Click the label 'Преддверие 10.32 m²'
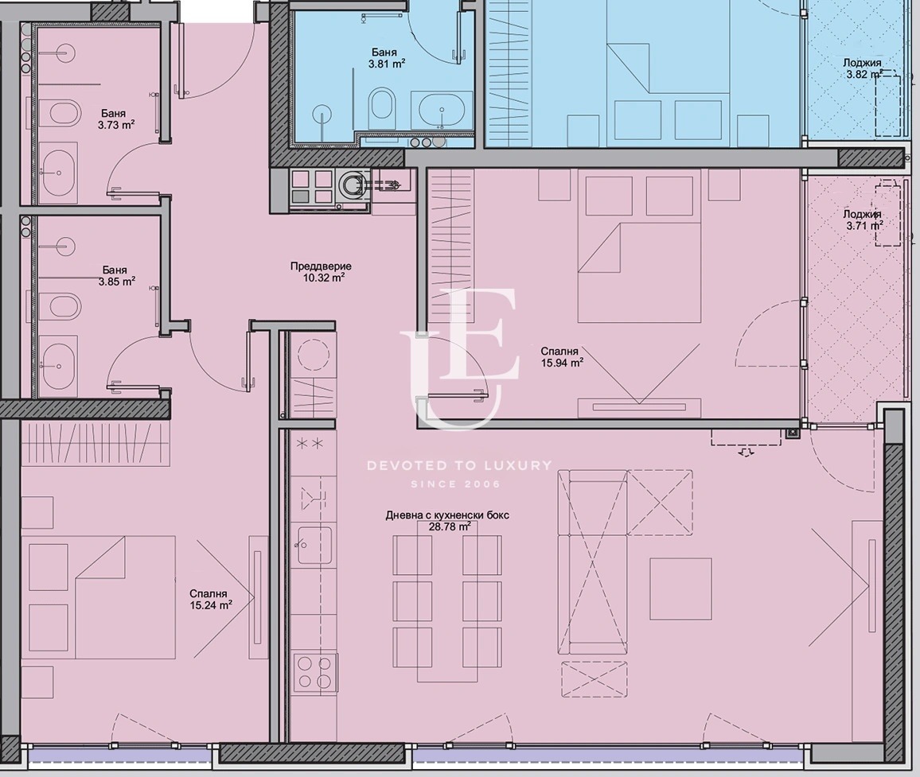[x=321, y=272]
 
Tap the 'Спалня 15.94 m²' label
[x=562, y=356]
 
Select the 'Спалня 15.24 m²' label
[x=209, y=600]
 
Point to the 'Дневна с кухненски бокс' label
[x=447, y=515]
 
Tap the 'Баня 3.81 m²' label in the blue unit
[x=384, y=57]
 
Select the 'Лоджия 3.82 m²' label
[x=863, y=68]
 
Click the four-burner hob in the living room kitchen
[x=314, y=672]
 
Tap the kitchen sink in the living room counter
[x=314, y=545]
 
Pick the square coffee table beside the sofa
[x=680, y=589]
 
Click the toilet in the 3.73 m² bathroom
[x=63, y=114]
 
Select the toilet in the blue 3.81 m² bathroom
[x=383, y=110]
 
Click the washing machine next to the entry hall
[x=353, y=187]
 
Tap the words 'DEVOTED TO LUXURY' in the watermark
[x=459, y=465]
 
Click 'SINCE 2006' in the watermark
[x=456, y=484]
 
